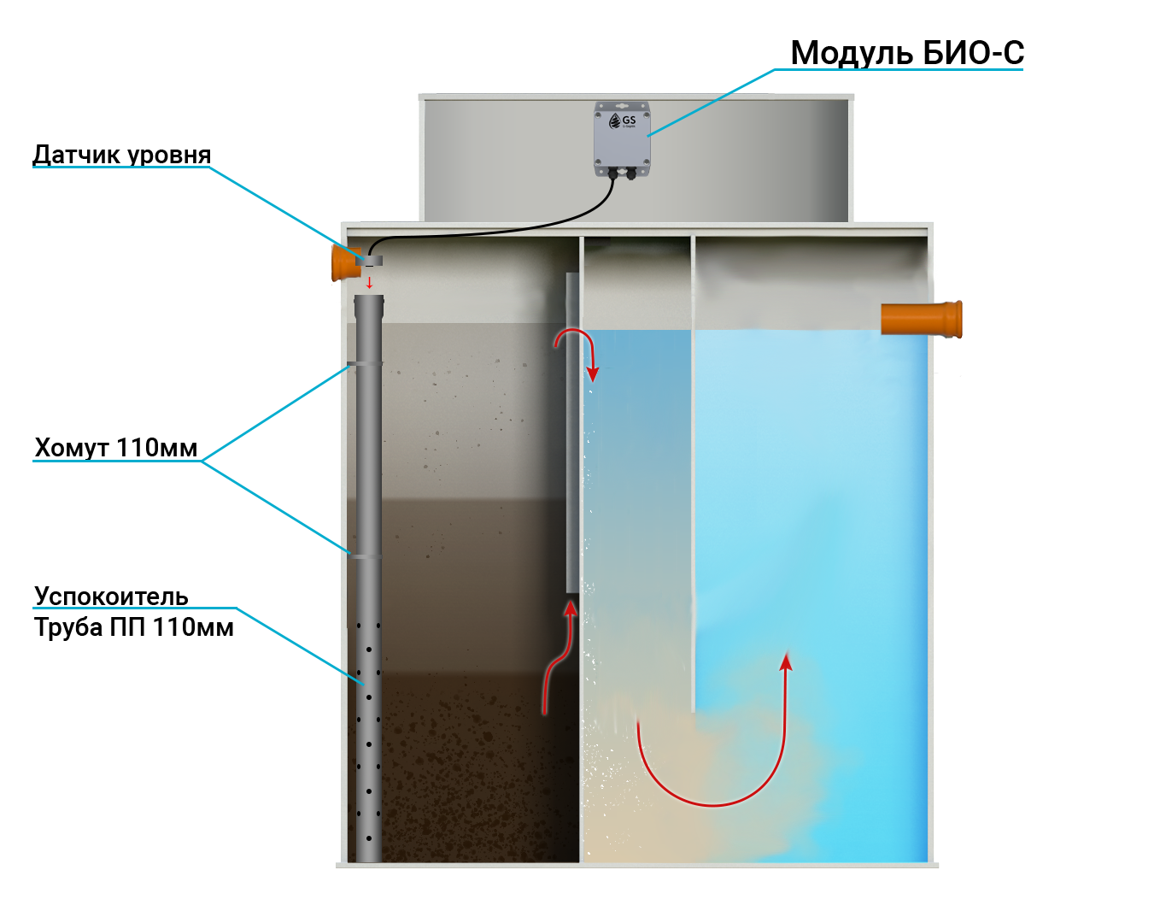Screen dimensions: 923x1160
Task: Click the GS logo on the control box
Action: (x=623, y=121)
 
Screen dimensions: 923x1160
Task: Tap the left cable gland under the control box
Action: (x=612, y=173)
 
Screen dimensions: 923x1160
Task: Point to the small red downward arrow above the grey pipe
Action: (x=369, y=283)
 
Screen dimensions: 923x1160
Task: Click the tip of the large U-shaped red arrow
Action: (x=786, y=659)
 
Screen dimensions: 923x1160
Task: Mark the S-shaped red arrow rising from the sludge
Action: (x=559, y=658)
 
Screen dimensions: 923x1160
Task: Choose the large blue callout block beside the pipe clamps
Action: (x=270, y=459)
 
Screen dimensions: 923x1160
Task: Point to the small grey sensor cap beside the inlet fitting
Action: (x=373, y=260)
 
